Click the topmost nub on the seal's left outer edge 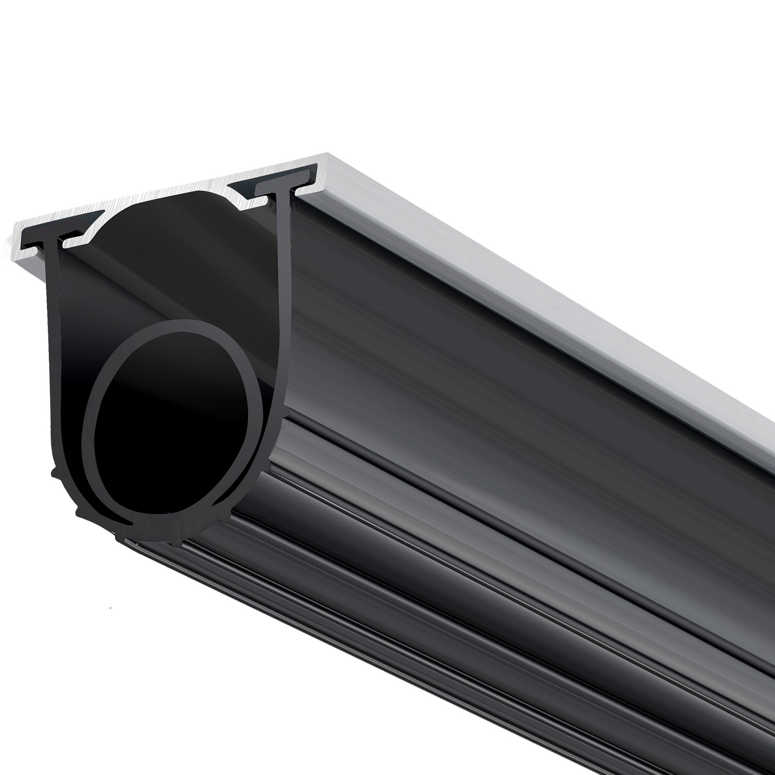click(x=54, y=472)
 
